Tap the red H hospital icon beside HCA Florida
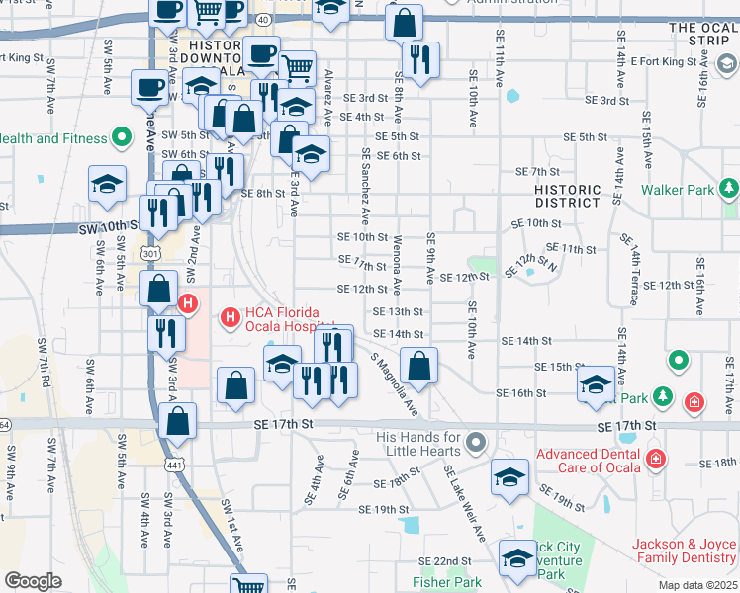coord(230,317)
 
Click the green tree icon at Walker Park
coord(729,188)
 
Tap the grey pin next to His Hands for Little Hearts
coord(477,442)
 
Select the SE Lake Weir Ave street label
coord(464,503)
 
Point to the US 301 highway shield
coord(149,254)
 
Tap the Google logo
coord(33,581)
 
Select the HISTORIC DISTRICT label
coord(567,196)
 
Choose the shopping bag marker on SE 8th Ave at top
coord(404,23)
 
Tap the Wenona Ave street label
coord(397,262)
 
